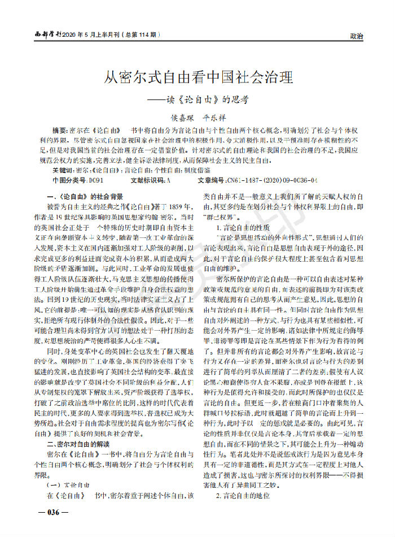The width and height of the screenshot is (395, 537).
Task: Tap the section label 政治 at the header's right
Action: (x=357, y=35)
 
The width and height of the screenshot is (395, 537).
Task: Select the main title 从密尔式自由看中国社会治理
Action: (x=197, y=77)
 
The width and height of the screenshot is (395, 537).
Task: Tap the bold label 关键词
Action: (x=63, y=170)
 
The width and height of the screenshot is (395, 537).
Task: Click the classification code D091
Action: (x=95, y=180)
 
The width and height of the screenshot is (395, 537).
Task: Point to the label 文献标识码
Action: (x=148, y=180)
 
